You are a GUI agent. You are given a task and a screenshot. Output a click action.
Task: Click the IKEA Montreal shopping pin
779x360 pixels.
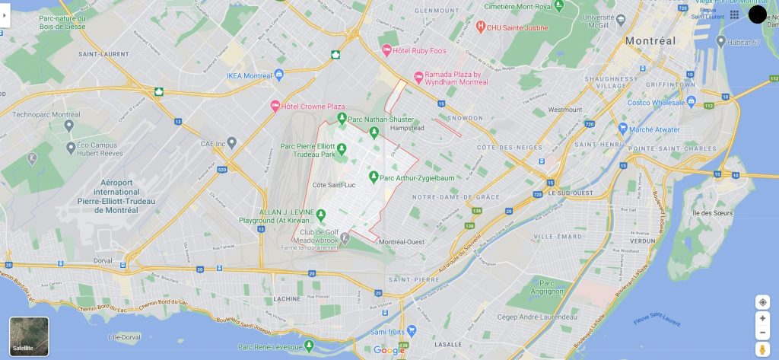click(x=279, y=75)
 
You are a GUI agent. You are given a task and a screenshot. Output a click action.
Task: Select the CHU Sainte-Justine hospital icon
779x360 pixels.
click(x=481, y=27)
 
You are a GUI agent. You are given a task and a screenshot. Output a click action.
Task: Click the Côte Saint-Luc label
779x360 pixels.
click(x=334, y=185)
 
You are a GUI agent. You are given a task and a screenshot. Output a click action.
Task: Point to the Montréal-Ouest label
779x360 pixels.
click(x=401, y=242)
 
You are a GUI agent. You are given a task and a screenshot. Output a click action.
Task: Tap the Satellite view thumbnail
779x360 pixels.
click(x=29, y=336)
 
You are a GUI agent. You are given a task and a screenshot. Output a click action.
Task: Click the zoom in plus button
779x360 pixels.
click(x=762, y=318)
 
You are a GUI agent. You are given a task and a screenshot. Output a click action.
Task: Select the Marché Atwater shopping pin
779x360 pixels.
click(x=622, y=129)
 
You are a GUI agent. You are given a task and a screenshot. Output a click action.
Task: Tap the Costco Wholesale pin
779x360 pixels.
click(x=691, y=101)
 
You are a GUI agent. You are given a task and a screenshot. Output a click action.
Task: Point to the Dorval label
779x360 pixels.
click(x=103, y=260)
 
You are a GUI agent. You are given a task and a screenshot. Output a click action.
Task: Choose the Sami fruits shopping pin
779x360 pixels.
click(x=412, y=331)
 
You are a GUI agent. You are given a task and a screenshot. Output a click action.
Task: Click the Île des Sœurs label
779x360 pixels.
click(x=713, y=213)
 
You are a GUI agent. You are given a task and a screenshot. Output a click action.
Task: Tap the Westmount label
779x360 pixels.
click(x=564, y=110)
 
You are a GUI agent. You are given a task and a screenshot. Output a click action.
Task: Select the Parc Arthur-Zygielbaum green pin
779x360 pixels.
click(x=374, y=177)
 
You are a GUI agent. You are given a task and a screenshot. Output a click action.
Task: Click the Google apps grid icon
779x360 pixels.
click(x=734, y=14)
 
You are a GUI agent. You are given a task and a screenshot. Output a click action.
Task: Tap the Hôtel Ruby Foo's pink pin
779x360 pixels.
click(x=386, y=50)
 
